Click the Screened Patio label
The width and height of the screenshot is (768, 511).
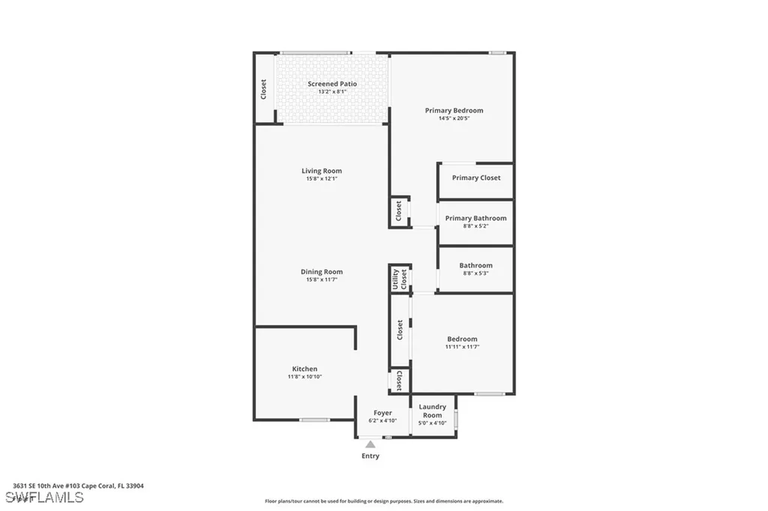331,84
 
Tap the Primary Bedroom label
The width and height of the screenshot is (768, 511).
454,110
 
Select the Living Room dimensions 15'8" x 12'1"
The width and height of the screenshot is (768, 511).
322,179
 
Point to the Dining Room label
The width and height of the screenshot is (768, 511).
322,272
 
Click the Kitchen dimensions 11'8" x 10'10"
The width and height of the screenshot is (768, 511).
304,377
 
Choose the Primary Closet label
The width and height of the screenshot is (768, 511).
475,178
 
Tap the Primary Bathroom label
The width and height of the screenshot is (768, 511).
475,218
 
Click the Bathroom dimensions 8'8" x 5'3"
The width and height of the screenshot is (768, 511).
475,273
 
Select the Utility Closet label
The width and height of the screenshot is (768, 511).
399,279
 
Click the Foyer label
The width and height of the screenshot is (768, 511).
382,413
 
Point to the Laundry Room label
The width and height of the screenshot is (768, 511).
432,411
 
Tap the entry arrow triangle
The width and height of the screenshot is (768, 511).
370,444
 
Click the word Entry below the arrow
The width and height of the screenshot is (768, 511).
370,456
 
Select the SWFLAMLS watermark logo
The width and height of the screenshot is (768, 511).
44,497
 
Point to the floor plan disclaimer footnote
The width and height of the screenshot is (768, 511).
383,501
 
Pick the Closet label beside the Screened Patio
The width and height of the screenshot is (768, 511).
263,90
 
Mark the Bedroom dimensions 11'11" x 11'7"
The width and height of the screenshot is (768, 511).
462,347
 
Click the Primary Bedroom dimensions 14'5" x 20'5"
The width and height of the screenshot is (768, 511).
454,118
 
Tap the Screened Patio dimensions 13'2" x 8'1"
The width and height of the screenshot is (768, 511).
331,91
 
